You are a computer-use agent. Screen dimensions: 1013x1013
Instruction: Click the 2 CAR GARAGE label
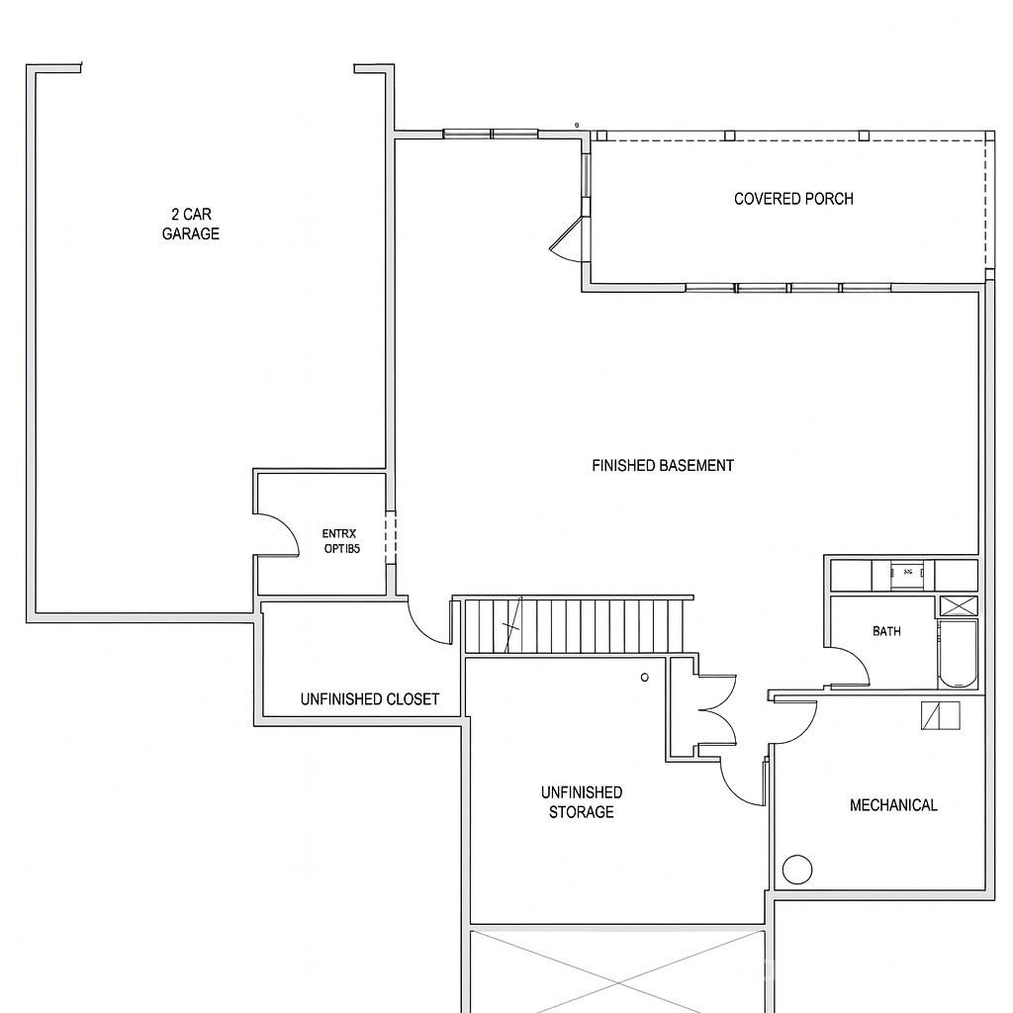(x=191, y=224)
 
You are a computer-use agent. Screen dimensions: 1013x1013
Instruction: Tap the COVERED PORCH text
(x=793, y=199)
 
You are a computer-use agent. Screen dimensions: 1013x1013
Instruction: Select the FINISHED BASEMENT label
(x=663, y=465)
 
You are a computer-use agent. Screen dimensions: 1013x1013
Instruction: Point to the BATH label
(x=886, y=631)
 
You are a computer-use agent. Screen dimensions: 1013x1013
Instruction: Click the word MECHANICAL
(x=893, y=805)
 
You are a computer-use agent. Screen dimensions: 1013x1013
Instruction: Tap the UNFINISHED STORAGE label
(x=582, y=802)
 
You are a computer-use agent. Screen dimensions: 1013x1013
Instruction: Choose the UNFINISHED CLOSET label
(x=370, y=699)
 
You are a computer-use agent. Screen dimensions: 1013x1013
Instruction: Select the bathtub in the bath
(x=957, y=654)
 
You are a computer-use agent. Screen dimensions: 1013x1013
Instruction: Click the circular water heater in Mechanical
(x=797, y=870)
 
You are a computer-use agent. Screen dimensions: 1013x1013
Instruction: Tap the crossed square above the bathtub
(x=957, y=606)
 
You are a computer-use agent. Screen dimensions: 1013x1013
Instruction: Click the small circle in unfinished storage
(x=645, y=678)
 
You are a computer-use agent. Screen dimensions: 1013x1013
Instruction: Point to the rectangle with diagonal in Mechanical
(x=940, y=715)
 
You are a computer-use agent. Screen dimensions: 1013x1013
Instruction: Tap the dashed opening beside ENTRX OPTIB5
(x=391, y=537)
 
